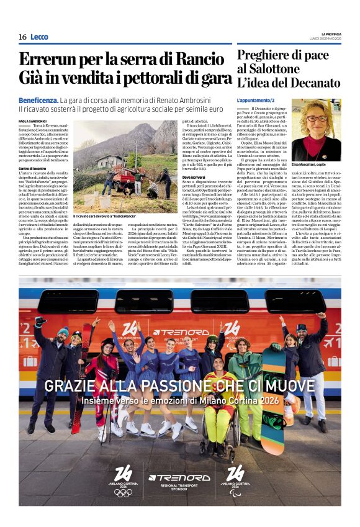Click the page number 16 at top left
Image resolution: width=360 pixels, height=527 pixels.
(22, 37)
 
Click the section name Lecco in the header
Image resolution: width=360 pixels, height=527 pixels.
(39, 37)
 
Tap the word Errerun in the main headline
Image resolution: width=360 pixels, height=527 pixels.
(48, 60)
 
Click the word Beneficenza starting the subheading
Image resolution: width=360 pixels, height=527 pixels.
(38, 99)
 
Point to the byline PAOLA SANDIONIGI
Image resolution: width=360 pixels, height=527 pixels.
(32, 122)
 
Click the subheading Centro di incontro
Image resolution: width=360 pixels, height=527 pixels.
(34, 168)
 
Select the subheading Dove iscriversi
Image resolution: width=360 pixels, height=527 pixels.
(195, 177)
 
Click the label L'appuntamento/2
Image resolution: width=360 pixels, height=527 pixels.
(255, 100)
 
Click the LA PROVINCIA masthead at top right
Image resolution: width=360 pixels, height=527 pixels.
(331, 34)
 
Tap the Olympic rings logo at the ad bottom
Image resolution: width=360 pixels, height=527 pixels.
(123, 492)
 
